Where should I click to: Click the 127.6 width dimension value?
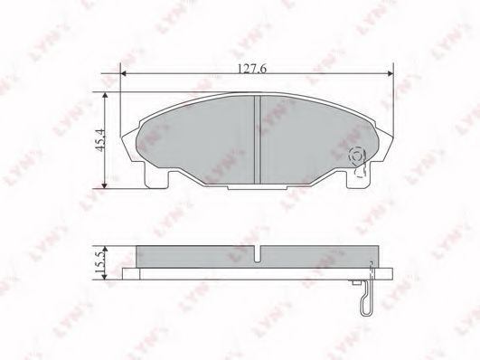[x=252, y=69]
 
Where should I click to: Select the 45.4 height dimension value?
[x=100, y=140]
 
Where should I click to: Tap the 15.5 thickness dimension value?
[x=100, y=263]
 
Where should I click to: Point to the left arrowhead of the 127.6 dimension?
[x=123, y=73]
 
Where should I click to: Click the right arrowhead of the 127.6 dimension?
[x=391, y=73]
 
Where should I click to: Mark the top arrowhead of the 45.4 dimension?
[x=105, y=95]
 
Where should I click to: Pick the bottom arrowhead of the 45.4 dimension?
[x=105, y=185]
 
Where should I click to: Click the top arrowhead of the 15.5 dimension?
[x=105, y=249]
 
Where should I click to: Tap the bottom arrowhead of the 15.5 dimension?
[x=105, y=277]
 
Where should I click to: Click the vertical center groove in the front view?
[x=258, y=139]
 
